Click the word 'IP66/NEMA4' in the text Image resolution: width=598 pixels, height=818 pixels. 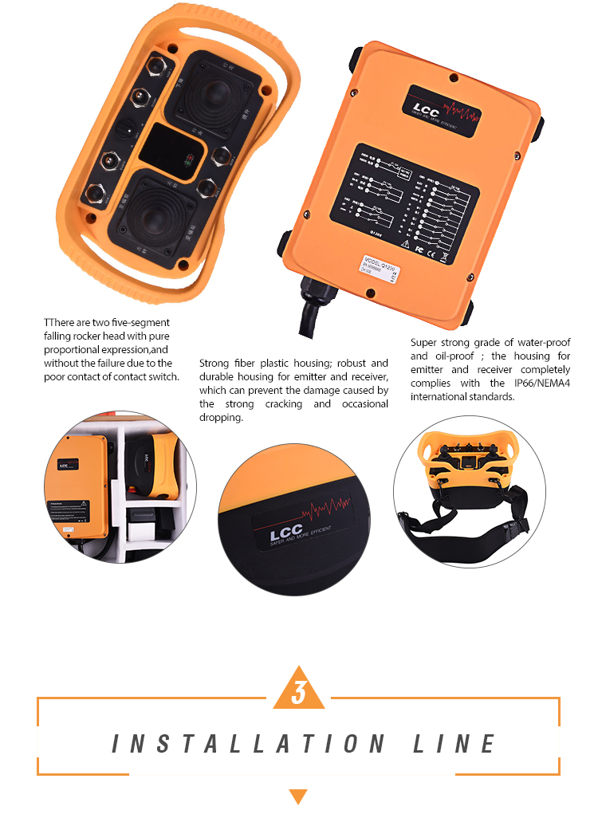click(x=537, y=383)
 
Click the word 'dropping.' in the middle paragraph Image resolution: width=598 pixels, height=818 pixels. click(x=221, y=417)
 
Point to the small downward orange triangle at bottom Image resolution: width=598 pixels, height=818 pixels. click(x=298, y=796)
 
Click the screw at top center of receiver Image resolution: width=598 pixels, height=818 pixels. click(x=454, y=77)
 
